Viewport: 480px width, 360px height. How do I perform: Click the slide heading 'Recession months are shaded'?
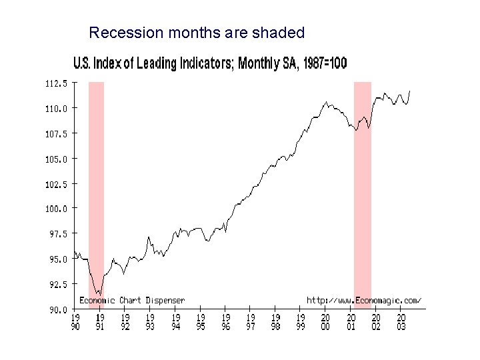point(197,33)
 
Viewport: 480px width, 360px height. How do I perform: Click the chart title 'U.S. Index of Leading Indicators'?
point(209,63)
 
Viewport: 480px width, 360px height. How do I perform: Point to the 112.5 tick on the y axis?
point(56,83)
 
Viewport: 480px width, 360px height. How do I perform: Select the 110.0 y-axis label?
point(56,108)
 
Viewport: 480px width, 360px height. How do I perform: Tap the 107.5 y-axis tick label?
point(56,133)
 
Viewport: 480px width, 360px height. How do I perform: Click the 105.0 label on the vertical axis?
point(56,159)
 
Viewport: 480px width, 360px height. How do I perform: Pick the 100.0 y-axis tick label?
point(56,209)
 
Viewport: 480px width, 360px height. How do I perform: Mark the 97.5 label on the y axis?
point(56,234)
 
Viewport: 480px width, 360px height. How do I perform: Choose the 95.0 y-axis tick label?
point(56,259)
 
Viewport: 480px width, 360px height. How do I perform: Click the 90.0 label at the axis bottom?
point(56,309)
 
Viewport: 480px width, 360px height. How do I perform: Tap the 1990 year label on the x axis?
point(75,322)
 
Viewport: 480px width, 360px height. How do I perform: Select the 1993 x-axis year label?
point(150,322)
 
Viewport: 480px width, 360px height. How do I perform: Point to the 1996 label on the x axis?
point(225,322)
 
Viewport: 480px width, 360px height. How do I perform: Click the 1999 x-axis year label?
point(301,322)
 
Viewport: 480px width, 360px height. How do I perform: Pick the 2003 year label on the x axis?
point(401,322)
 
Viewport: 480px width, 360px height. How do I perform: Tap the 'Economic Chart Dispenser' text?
point(132,300)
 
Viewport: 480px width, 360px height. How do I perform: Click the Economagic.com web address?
point(364,300)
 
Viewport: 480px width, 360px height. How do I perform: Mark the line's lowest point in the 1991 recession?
point(98,293)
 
